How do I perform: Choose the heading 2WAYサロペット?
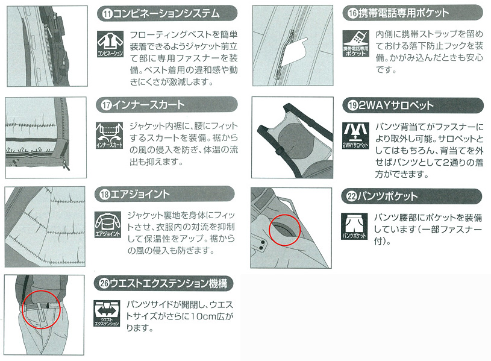[x=404, y=105]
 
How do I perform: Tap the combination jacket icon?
[x=109, y=42]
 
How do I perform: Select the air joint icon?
[x=109, y=224]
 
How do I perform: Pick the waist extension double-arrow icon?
[x=109, y=312]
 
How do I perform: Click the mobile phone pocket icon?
[x=355, y=42]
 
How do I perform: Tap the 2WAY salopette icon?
[x=355, y=135]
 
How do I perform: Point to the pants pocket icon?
[x=355, y=225]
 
